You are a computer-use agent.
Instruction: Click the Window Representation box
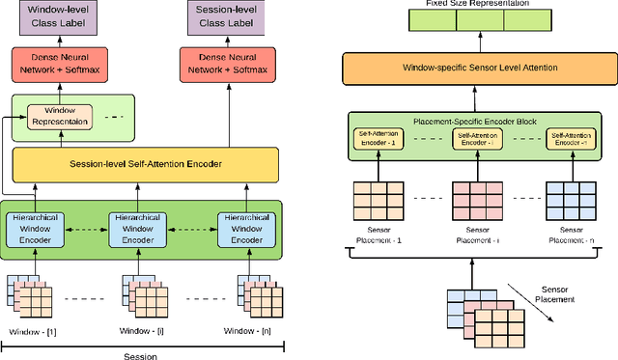59,117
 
